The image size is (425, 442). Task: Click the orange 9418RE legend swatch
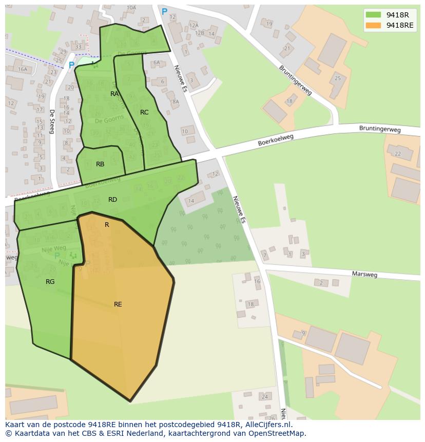(x=373, y=25)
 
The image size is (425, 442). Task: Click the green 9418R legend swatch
(x=373, y=15)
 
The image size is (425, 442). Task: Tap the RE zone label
(x=118, y=304)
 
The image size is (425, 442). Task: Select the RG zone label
(x=50, y=282)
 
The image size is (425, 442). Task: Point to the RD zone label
(x=112, y=200)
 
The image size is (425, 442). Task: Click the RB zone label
(x=100, y=164)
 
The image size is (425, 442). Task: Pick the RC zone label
(x=144, y=112)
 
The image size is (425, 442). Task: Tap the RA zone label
(x=114, y=94)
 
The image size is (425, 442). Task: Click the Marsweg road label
(x=364, y=275)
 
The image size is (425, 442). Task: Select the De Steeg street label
(x=52, y=122)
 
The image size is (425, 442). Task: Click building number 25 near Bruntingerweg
(x=337, y=78)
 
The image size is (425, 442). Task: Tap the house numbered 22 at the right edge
(x=397, y=153)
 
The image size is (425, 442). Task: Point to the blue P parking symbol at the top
(x=164, y=11)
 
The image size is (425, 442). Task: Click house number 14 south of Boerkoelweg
(x=191, y=201)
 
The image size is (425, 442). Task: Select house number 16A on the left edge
(x=22, y=69)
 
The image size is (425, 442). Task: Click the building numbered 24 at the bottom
(x=265, y=397)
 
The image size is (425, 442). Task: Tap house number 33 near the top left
(x=78, y=47)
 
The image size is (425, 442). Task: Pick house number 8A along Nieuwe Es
(x=176, y=102)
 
